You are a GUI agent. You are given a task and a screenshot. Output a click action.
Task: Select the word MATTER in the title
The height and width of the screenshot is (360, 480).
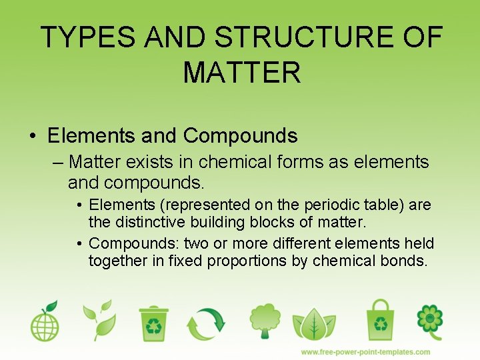(x=241, y=73)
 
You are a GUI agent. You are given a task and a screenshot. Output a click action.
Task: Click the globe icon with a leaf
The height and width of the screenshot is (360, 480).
(x=45, y=323)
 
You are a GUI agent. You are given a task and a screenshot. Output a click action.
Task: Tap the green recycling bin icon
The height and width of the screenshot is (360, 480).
(x=154, y=323)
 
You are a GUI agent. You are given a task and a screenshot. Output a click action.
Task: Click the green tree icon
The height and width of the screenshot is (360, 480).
(x=265, y=321)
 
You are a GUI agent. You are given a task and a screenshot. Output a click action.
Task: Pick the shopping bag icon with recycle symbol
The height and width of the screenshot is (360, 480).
(x=381, y=321)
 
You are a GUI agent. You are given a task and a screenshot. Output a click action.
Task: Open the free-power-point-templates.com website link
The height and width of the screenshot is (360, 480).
(x=365, y=351)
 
